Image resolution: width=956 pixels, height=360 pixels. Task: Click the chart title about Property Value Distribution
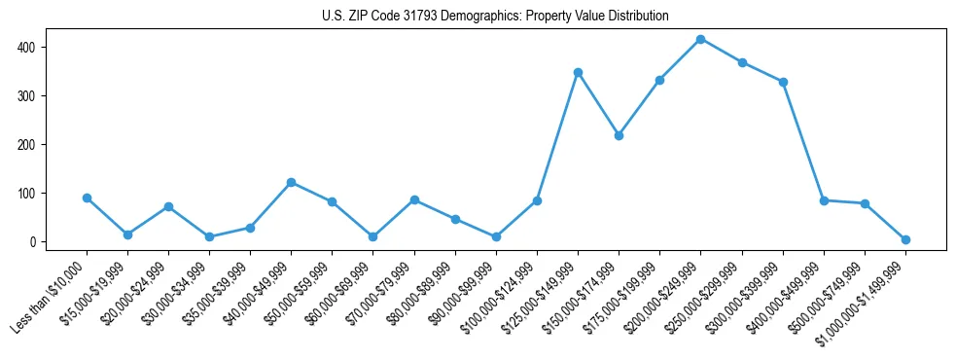pyautogui.click(x=495, y=17)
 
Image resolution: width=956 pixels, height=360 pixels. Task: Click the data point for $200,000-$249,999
pyautogui.click(x=701, y=39)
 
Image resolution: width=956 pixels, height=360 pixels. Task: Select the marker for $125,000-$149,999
pyautogui.click(x=578, y=72)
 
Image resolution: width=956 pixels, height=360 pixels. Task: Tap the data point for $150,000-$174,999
pyautogui.click(x=619, y=135)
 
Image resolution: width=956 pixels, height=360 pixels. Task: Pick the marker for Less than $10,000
pyautogui.click(x=87, y=198)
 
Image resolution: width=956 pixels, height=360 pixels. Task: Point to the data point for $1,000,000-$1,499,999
pyautogui.click(x=905, y=239)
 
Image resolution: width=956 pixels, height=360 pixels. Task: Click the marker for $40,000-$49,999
pyautogui.click(x=292, y=182)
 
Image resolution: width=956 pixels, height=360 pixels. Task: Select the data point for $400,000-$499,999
pyautogui.click(x=824, y=200)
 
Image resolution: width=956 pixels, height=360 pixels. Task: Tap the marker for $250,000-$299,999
pyautogui.click(x=742, y=62)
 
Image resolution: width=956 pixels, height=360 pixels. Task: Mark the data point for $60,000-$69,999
pyautogui.click(x=373, y=236)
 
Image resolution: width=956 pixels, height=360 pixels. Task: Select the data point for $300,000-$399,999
pyautogui.click(x=783, y=82)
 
